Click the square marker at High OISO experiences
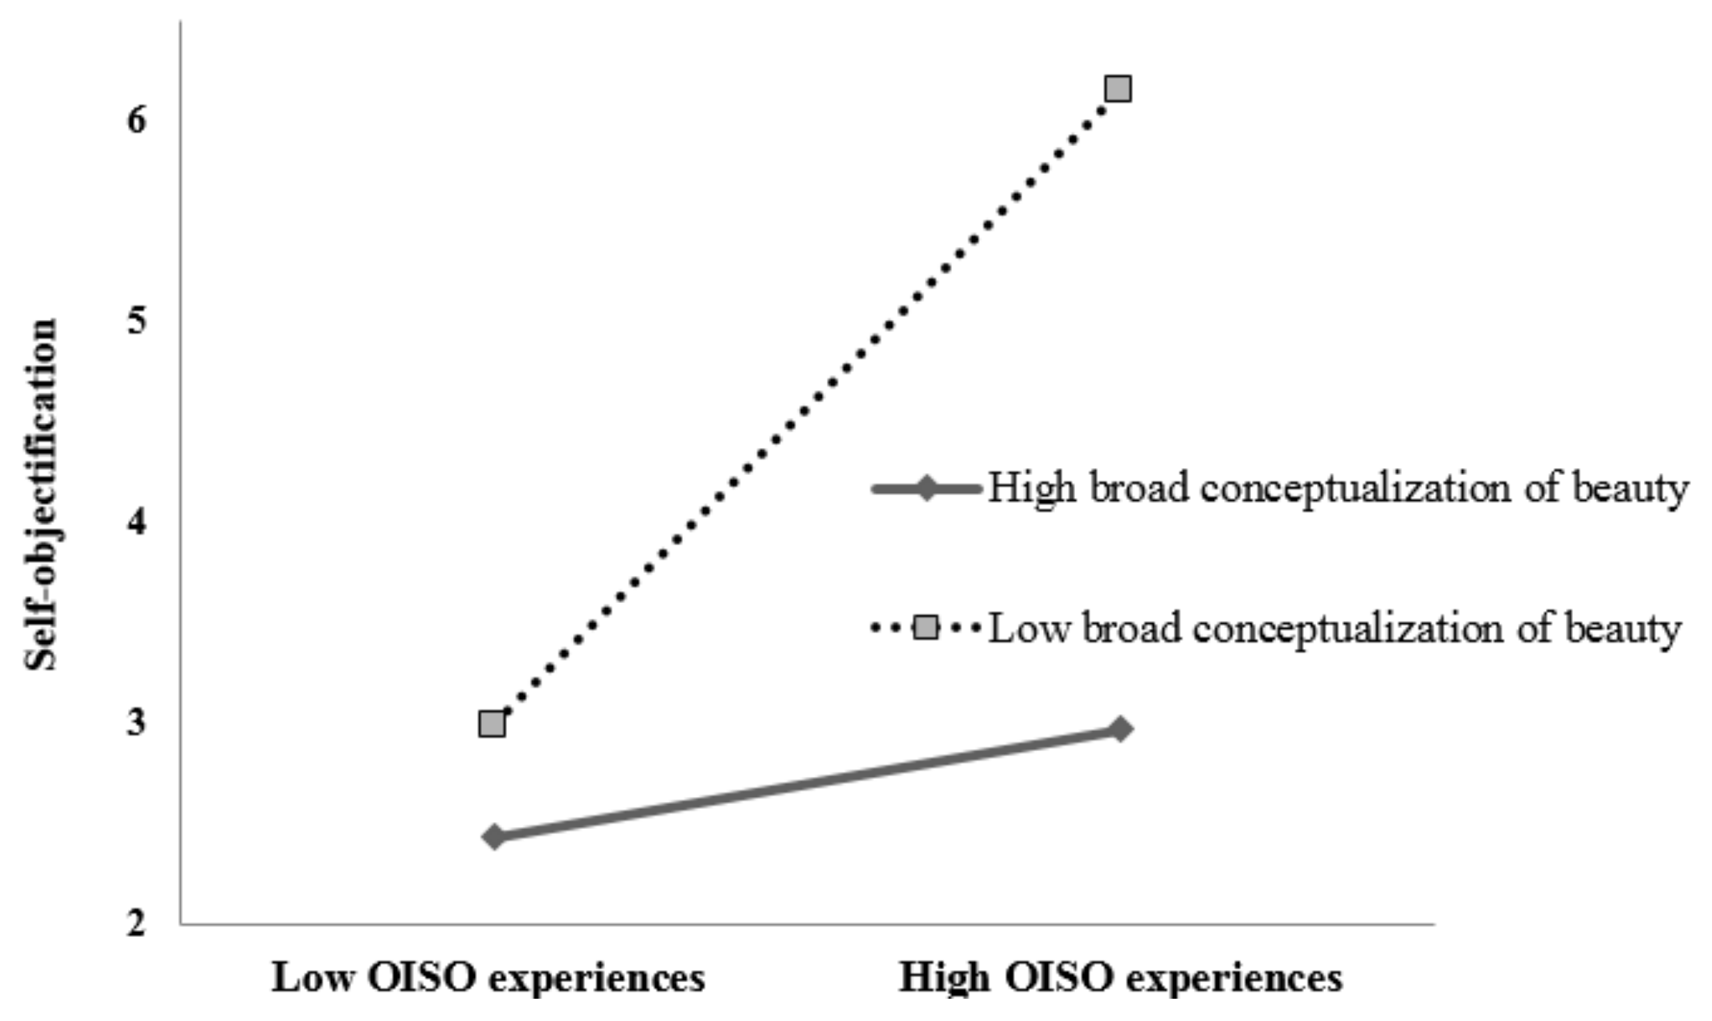tap(1118, 89)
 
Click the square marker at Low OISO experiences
tap(492, 724)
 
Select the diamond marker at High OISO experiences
tap(1120, 730)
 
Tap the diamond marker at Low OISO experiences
tap(494, 836)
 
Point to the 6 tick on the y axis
tap(137, 120)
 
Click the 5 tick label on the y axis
tap(137, 321)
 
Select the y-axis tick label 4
tap(137, 522)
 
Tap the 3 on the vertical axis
tap(137, 723)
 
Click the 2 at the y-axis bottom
tap(137, 924)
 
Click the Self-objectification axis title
tap(40, 495)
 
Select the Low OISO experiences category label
tap(488, 978)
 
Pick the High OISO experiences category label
tap(1120, 978)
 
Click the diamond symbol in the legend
tap(926, 489)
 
